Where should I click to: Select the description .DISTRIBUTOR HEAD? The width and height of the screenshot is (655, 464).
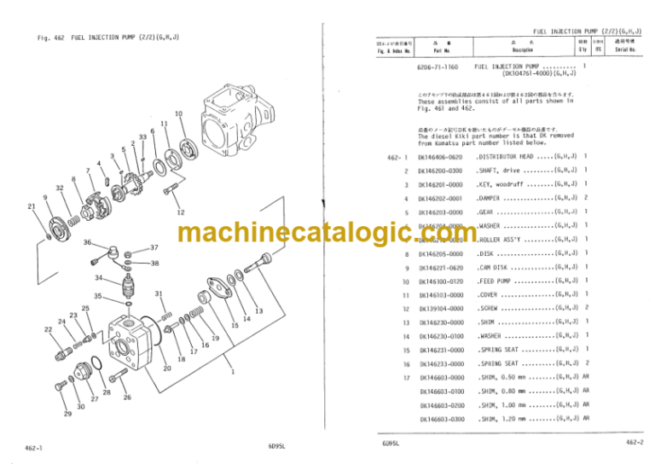[504, 158]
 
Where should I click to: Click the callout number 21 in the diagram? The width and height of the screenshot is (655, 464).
[32, 206]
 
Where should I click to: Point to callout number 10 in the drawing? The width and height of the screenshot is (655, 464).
[177, 113]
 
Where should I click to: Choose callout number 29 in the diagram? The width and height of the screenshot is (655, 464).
[67, 414]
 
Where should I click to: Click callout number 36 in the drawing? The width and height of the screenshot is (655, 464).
[88, 243]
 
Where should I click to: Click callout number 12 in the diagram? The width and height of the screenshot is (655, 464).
[180, 212]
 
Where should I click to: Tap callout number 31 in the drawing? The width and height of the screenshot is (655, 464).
[159, 294]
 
